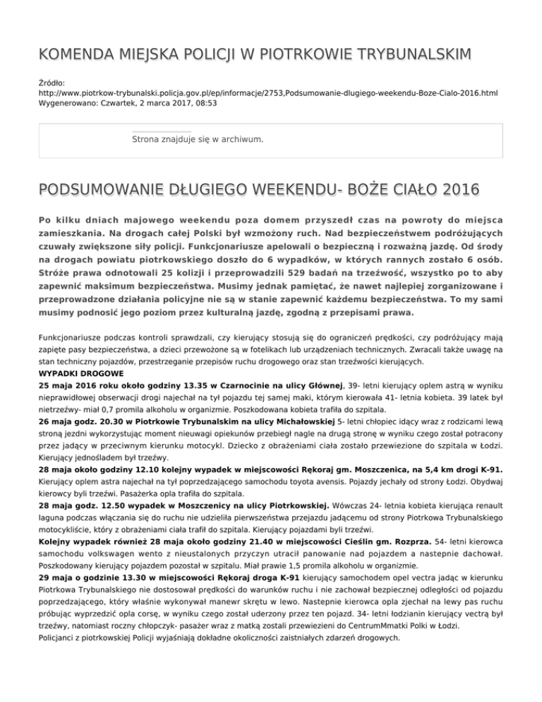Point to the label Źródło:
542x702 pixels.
click(53, 83)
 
